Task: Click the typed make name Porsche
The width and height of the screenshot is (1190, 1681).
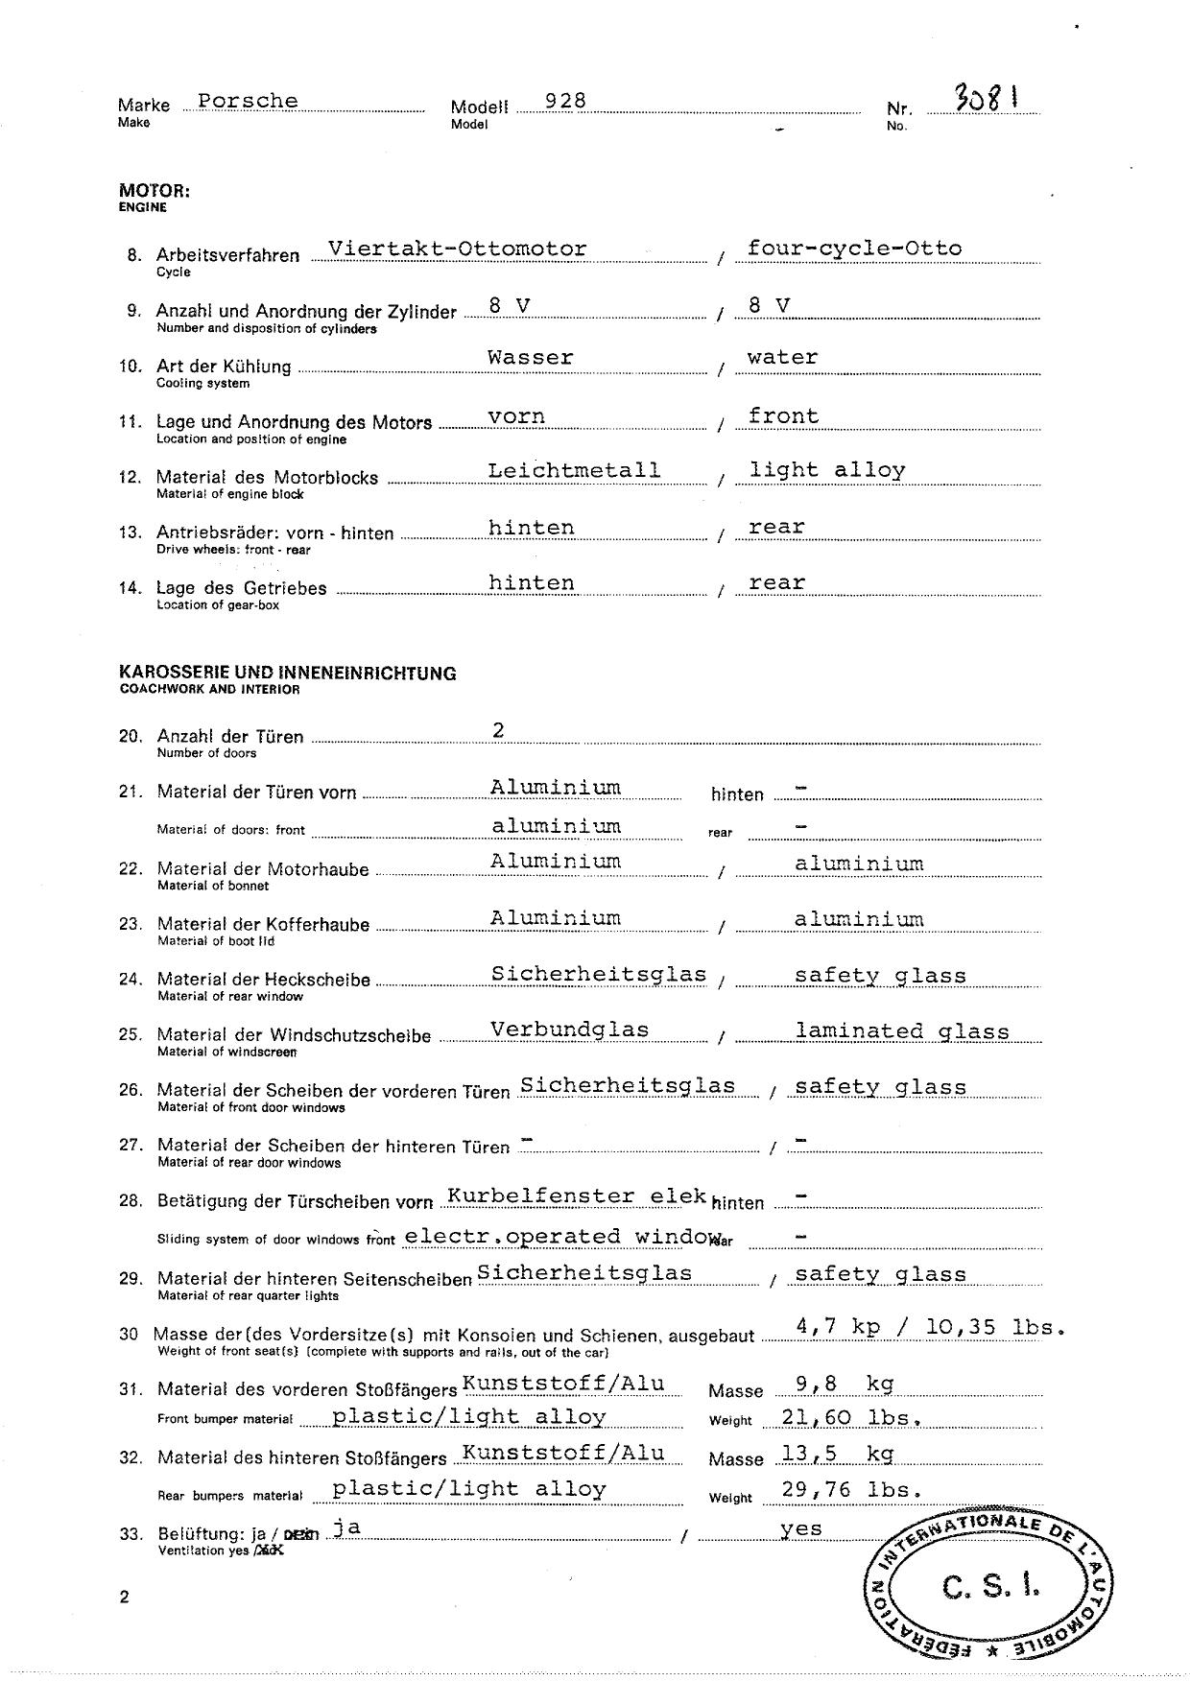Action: pyautogui.click(x=248, y=101)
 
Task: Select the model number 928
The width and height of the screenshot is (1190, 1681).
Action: pyautogui.click(x=565, y=101)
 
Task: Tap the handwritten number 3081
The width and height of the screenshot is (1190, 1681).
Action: pyautogui.click(x=986, y=97)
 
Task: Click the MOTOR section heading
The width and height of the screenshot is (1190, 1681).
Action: pyautogui.click(x=155, y=191)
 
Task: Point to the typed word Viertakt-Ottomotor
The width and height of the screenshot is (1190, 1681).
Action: pyautogui.click(x=457, y=249)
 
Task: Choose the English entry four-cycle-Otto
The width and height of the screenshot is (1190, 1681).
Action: pyautogui.click(x=854, y=249)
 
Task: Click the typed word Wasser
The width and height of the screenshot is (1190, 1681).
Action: pyautogui.click(x=530, y=358)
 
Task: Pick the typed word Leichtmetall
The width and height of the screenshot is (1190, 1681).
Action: pyautogui.click(x=574, y=470)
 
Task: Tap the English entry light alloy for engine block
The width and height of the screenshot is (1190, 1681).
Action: pyautogui.click(x=827, y=470)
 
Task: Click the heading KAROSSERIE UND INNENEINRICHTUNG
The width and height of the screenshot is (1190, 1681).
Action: pyautogui.click(x=287, y=674)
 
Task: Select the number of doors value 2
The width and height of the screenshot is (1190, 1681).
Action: pyautogui.click(x=499, y=731)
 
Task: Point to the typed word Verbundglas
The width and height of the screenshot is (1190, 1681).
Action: pyautogui.click(x=569, y=1030)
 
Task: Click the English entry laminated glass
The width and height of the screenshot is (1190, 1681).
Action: pyautogui.click(x=902, y=1032)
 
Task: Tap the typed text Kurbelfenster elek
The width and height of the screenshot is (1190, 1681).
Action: pyautogui.click(x=577, y=1196)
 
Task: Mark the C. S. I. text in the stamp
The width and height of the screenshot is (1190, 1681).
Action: pyautogui.click(x=990, y=1587)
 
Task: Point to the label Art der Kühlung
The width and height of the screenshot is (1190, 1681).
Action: pyautogui.click(x=224, y=367)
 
